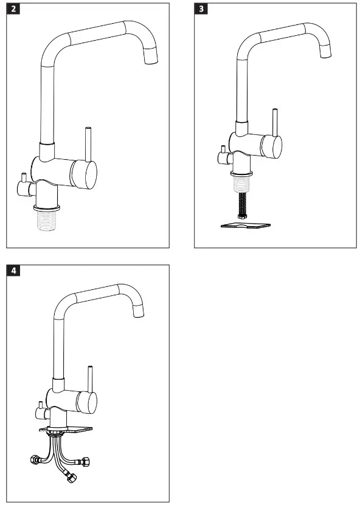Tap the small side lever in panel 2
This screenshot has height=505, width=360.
pos(24,180)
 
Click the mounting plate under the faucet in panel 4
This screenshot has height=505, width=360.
pos(67,430)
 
